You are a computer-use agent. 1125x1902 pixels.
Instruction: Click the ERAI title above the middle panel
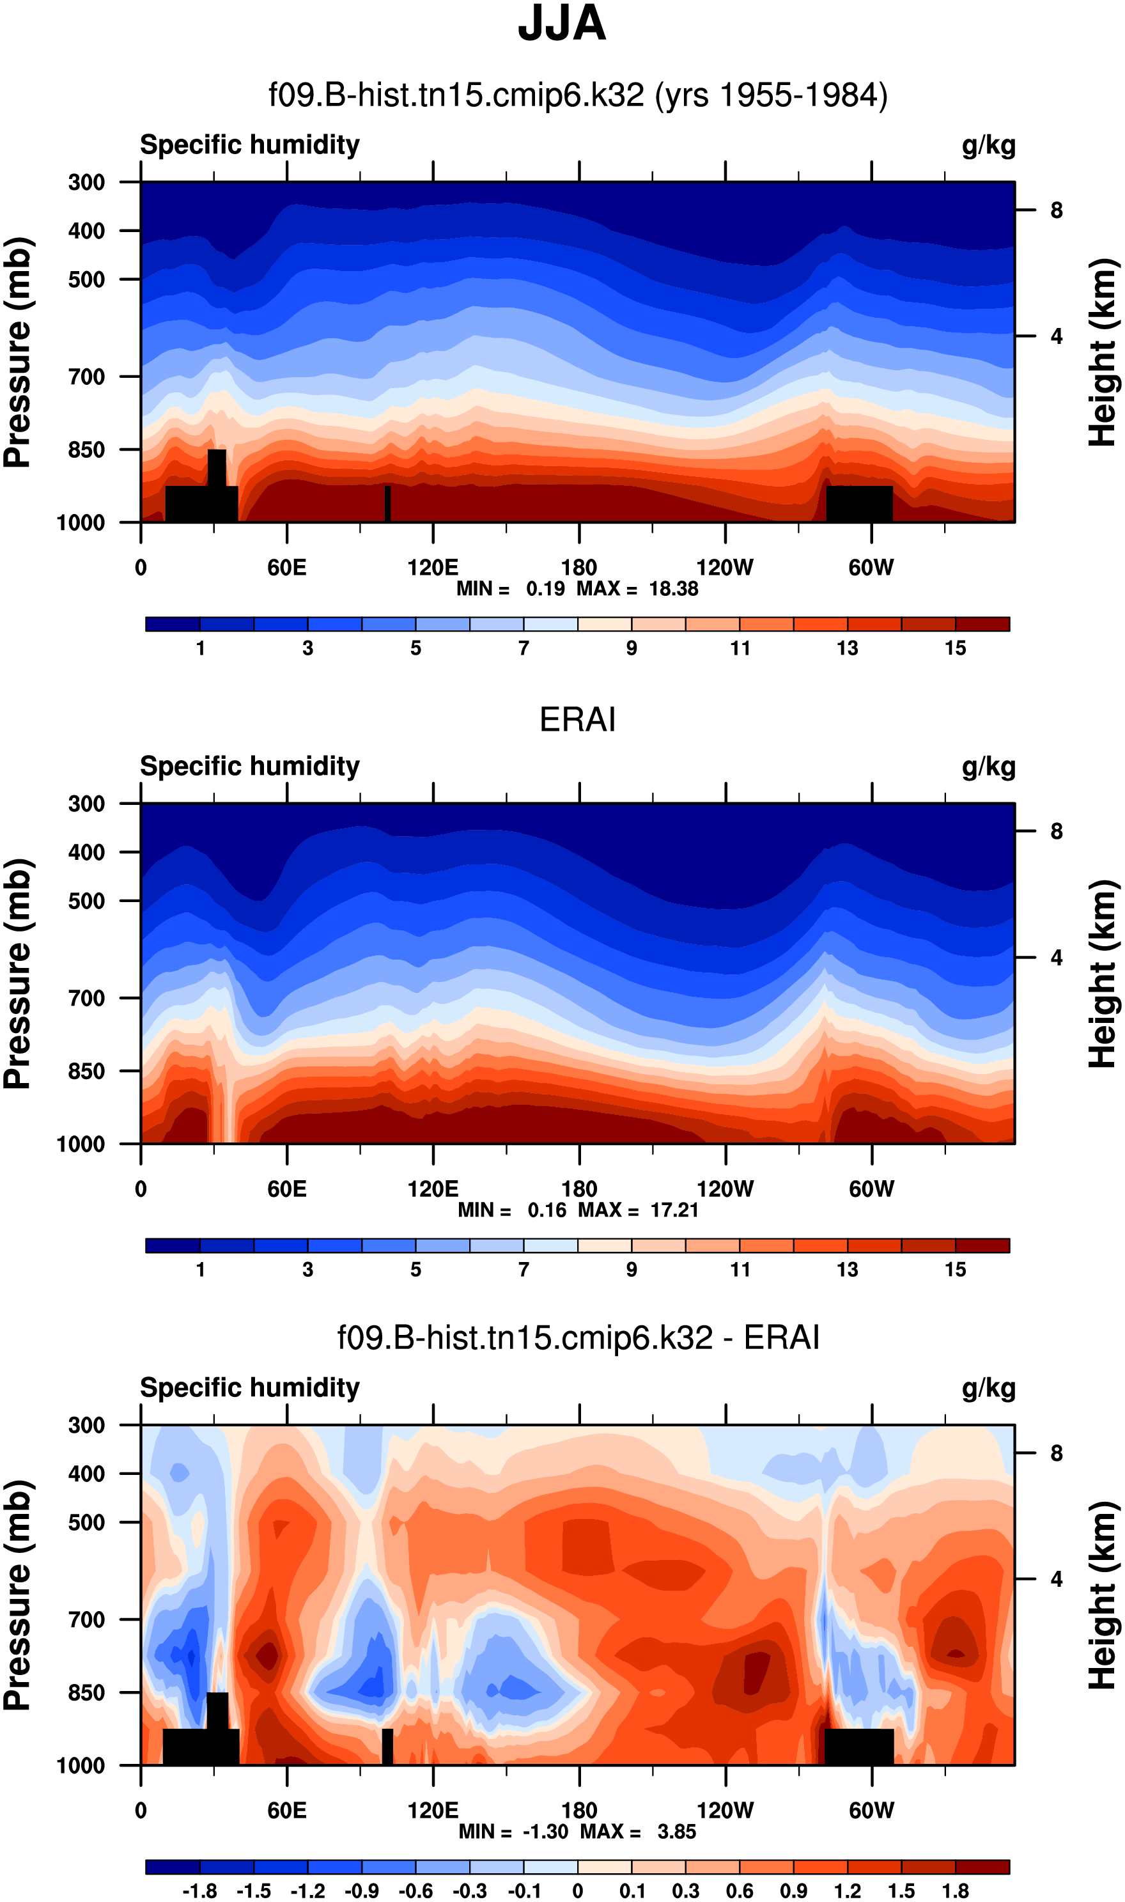point(577,719)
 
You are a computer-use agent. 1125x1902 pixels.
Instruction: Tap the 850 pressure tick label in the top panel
point(86,450)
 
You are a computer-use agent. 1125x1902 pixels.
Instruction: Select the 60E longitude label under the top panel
point(286,568)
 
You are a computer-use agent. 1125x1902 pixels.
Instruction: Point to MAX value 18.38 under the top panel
point(673,589)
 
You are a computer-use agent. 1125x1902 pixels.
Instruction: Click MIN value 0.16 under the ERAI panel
point(547,1210)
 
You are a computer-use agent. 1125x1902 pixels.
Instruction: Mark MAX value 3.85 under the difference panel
point(676,1832)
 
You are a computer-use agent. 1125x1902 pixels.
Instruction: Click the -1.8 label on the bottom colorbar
point(199,1891)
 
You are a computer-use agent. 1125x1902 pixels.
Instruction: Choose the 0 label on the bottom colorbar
point(578,1891)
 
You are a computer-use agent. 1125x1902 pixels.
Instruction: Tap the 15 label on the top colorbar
point(955,648)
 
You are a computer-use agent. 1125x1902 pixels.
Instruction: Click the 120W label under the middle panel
point(725,1189)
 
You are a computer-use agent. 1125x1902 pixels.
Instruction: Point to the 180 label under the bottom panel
point(579,1811)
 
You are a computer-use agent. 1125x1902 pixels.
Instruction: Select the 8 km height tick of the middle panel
point(1056,832)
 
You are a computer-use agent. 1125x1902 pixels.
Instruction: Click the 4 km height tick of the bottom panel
point(1056,1579)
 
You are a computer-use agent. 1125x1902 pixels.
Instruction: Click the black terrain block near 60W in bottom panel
point(859,1747)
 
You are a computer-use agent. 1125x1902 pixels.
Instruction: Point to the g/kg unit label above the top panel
point(989,144)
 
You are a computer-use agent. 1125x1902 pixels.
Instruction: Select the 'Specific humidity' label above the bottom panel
point(249,1387)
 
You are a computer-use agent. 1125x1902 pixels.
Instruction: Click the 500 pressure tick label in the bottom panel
point(86,1522)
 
